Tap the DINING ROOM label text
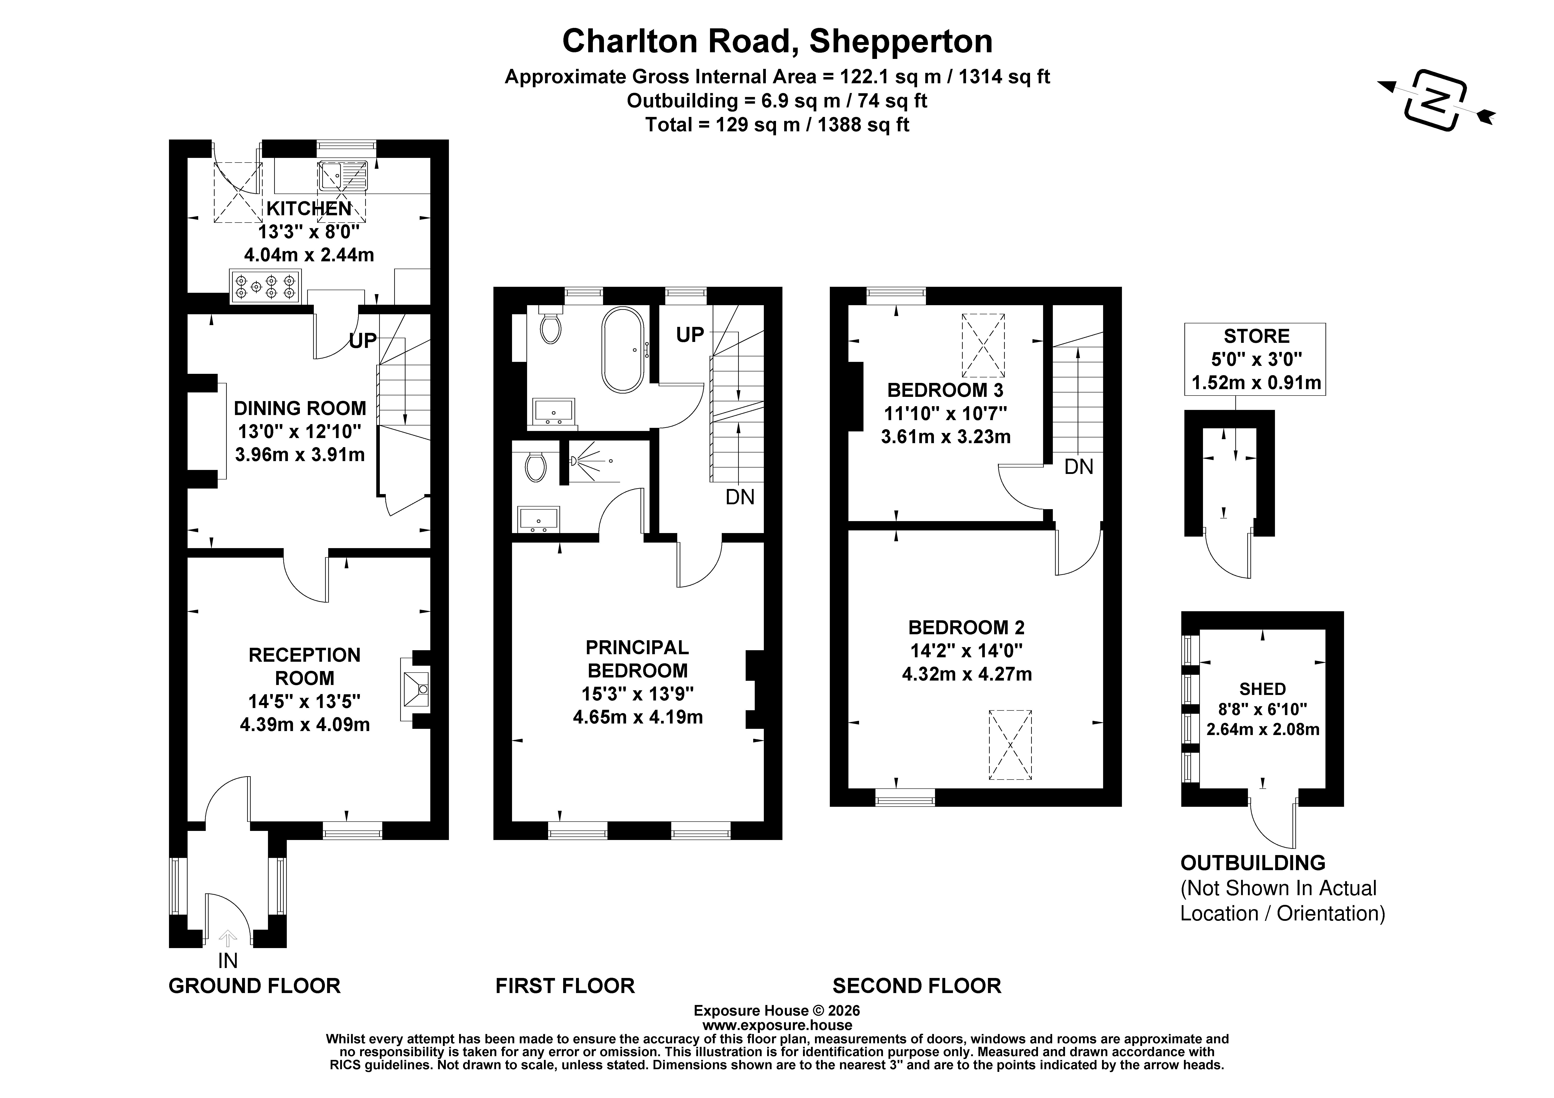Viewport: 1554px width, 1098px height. [300, 408]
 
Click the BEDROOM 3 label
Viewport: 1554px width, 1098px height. [945, 390]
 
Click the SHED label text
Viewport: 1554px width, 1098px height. [1262, 689]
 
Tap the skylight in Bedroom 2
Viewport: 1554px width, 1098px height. [1010, 745]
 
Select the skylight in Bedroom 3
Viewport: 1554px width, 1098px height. [984, 345]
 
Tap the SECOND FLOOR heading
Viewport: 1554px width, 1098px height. [916, 986]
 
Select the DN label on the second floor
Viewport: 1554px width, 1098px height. [1079, 467]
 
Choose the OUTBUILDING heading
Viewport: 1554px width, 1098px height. [1253, 863]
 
